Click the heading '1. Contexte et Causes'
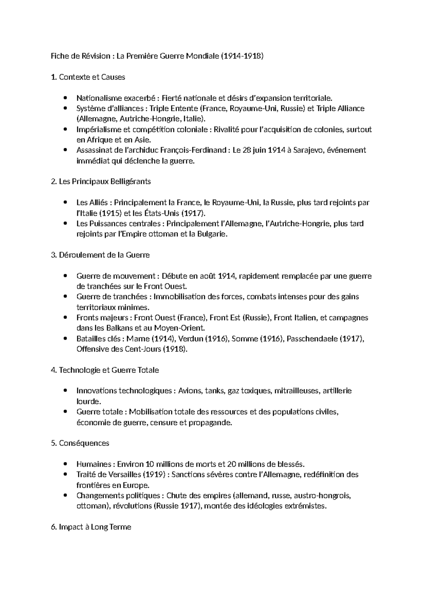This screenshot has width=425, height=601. (x=88, y=77)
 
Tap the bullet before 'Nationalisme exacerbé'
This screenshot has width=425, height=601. (x=64, y=98)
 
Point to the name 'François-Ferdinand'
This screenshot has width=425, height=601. (x=193, y=150)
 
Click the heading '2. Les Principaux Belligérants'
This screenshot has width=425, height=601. (x=101, y=182)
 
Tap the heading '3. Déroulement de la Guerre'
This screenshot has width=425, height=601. (x=100, y=255)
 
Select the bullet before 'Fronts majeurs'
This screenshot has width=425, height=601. (x=64, y=318)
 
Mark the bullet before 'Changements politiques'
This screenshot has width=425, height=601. (x=64, y=496)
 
